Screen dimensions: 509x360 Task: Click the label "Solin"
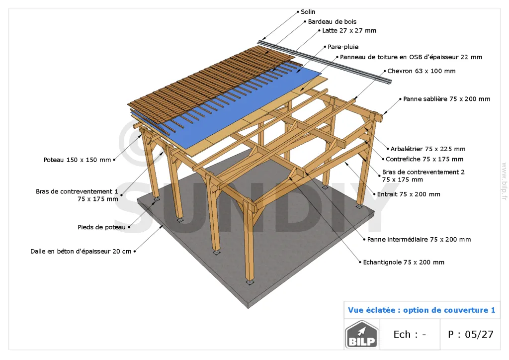click(x=308, y=12)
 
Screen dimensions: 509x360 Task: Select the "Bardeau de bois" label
click(x=332, y=22)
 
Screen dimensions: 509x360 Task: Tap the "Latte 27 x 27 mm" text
click(x=349, y=31)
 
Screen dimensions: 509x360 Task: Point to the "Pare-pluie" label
click(x=343, y=47)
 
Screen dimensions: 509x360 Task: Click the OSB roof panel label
click(x=411, y=57)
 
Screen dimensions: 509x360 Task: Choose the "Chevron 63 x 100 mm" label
click(x=422, y=71)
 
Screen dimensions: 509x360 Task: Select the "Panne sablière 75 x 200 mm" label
click(x=447, y=99)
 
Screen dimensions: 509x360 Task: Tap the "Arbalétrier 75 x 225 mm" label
click(x=428, y=149)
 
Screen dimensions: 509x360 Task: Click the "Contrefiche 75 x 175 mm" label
click(x=424, y=160)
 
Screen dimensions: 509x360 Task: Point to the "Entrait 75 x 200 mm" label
click(x=409, y=194)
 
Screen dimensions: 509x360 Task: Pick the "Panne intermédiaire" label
click(x=419, y=240)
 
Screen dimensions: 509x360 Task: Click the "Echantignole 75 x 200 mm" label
click(x=404, y=262)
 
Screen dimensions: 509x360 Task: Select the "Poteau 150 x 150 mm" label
click(x=77, y=160)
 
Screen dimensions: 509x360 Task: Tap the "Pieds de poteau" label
click(x=101, y=227)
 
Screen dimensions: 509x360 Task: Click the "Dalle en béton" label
click(x=81, y=252)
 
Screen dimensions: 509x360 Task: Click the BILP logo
click(x=362, y=334)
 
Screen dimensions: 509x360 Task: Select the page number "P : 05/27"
click(x=470, y=334)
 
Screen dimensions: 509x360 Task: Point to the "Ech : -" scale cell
click(x=410, y=334)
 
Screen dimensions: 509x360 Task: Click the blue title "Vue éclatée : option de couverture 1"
click(x=422, y=310)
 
